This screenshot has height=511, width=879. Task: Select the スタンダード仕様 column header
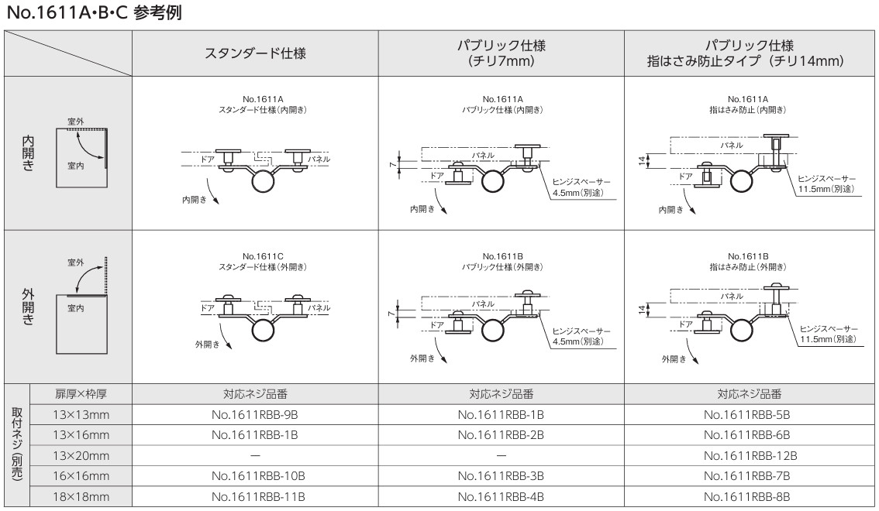click(x=255, y=53)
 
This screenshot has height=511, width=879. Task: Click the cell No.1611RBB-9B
click(x=255, y=414)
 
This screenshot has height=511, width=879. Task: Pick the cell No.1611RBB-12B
click(x=750, y=455)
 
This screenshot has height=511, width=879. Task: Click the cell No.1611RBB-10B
click(x=255, y=475)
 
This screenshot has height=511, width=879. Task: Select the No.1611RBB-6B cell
click(x=750, y=434)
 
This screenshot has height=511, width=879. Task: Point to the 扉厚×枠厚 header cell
click(x=81, y=393)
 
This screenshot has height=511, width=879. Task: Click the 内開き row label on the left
click(x=28, y=152)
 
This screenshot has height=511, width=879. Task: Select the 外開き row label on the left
click(x=28, y=306)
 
